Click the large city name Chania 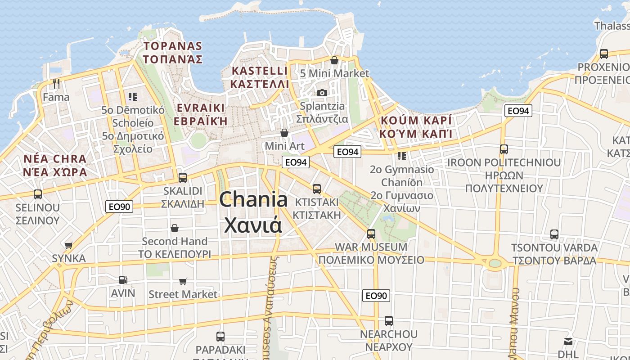(253, 199)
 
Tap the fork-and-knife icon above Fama (56, 84)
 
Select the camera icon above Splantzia (322, 93)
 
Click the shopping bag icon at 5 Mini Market (334, 60)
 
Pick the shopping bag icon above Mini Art (284, 133)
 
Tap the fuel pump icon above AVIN (123, 279)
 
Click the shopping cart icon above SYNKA (69, 245)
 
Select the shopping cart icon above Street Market (183, 281)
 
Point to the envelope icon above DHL (568, 342)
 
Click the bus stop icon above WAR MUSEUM (371, 234)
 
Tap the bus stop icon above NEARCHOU (389, 321)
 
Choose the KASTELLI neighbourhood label (259, 71)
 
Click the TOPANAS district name (173, 46)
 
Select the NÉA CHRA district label (55, 159)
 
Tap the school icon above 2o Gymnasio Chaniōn (401, 156)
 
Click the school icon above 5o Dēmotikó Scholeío (132, 96)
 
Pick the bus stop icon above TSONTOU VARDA (554, 234)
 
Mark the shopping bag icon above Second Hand (175, 228)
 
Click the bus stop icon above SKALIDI (183, 177)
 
